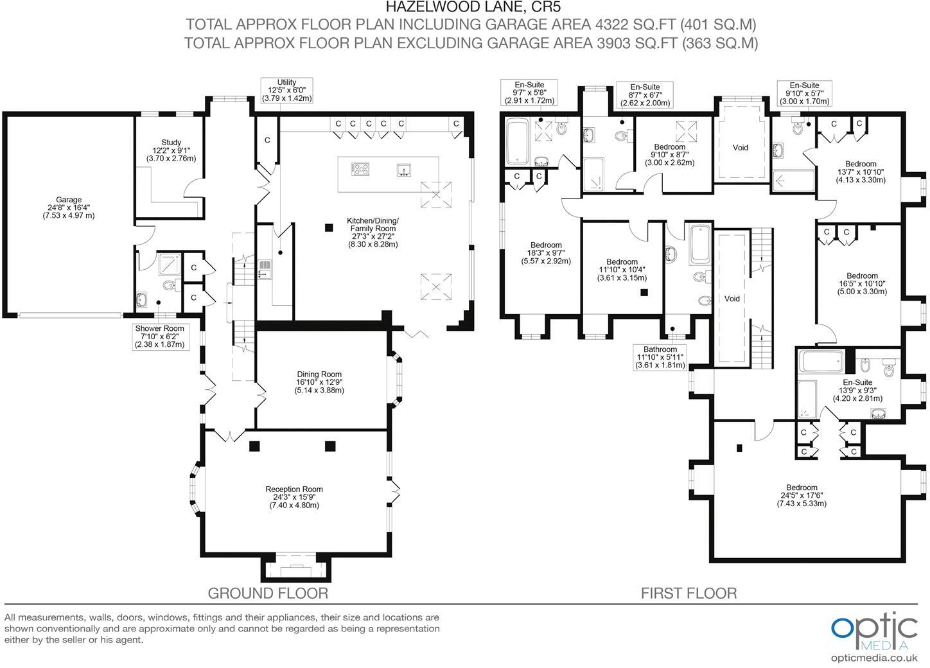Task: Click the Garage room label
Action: [x=69, y=207]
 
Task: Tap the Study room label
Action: [x=171, y=150]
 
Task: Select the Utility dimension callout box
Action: [x=286, y=91]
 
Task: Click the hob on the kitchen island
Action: [x=360, y=169]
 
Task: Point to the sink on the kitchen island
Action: [x=403, y=170]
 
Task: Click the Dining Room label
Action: [x=319, y=382]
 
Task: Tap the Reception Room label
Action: [x=294, y=497]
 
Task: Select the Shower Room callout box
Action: [x=160, y=337]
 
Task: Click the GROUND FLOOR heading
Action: [x=268, y=593]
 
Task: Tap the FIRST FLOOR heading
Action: [x=689, y=593]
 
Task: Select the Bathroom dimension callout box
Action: [x=660, y=358]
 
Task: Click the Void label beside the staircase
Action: [x=732, y=299]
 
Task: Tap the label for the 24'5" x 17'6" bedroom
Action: [x=802, y=495]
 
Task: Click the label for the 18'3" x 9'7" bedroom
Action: [x=546, y=253]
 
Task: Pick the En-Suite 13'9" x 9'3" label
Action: [x=858, y=390]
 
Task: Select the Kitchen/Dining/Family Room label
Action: [x=373, y=232]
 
